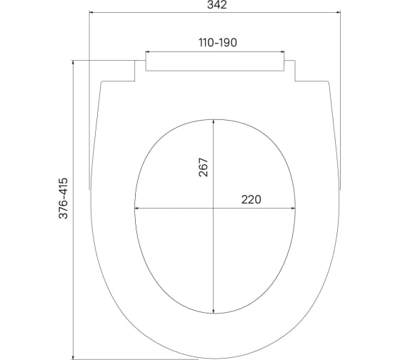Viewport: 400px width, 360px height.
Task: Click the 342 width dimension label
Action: [x=217, y=4]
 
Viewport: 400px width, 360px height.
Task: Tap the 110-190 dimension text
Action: [x=218, y=42]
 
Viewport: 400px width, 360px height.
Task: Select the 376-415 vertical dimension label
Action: [x=64, y=199]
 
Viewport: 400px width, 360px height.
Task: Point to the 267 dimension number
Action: [x=203, y=167]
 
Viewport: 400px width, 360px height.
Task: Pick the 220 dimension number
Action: [x=251, y=199]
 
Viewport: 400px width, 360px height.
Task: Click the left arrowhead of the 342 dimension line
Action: [x=91, y=12]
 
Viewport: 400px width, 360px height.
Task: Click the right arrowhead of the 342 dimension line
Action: [x=339, y=12]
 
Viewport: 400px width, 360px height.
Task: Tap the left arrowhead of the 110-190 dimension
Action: [x=148, y=52]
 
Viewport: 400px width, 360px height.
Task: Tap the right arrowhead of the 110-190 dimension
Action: [x=282, y=52]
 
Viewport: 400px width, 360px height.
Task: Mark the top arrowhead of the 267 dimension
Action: [x=214, y=122]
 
